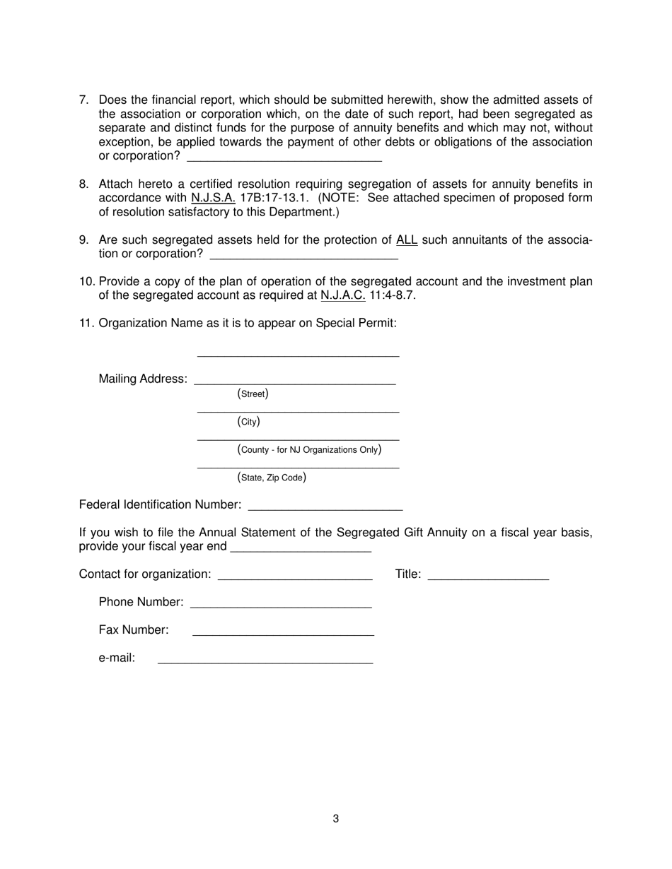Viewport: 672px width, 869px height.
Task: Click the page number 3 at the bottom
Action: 335,819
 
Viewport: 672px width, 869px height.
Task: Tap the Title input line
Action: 488,576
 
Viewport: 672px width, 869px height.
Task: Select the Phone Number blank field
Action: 281,603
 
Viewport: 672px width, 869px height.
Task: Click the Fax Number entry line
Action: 283,632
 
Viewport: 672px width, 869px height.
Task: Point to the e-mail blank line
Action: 265,660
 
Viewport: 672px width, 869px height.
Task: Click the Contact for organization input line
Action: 295,576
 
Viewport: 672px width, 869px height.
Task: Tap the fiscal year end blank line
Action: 301,548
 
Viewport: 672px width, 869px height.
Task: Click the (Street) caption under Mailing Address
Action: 253,394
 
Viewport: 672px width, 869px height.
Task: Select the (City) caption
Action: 248,422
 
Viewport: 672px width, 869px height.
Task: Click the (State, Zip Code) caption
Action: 272,478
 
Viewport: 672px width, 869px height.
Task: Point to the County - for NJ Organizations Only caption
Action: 310,449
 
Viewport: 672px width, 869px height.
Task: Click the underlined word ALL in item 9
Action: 407,240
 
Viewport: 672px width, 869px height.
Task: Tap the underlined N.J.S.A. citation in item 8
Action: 213,198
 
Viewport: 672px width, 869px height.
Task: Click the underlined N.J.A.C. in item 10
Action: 342,295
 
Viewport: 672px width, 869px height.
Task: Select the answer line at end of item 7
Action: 284,157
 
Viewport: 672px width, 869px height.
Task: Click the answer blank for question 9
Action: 304,255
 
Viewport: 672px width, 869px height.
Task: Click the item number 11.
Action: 86,324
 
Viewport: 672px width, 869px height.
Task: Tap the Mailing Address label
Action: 143,379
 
